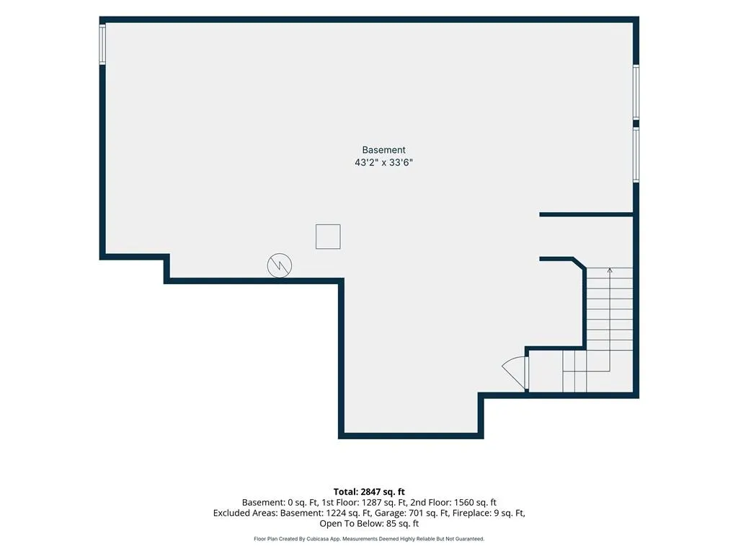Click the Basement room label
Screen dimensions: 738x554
(x=383, y=150)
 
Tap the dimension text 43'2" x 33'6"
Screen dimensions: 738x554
(x=383, y=162)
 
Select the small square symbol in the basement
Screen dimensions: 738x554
(x=328, y=237)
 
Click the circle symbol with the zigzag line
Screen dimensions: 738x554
(x=280, y=265)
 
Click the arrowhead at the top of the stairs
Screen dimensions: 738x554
(x=610, y=271)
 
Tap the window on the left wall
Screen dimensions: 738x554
(x=102, y=43)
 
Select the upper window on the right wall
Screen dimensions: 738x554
(x=636, y=92)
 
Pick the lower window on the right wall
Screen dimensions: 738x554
(x=636, y=154)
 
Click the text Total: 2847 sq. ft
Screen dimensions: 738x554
(x=369, y=492)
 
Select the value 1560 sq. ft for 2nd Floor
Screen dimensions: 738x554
(x=476, y=503)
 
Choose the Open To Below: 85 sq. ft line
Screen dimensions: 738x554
(x=369, y=524)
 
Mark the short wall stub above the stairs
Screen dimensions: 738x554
(x=587, y=215)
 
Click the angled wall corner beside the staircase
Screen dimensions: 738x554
(x=579, y=263)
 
